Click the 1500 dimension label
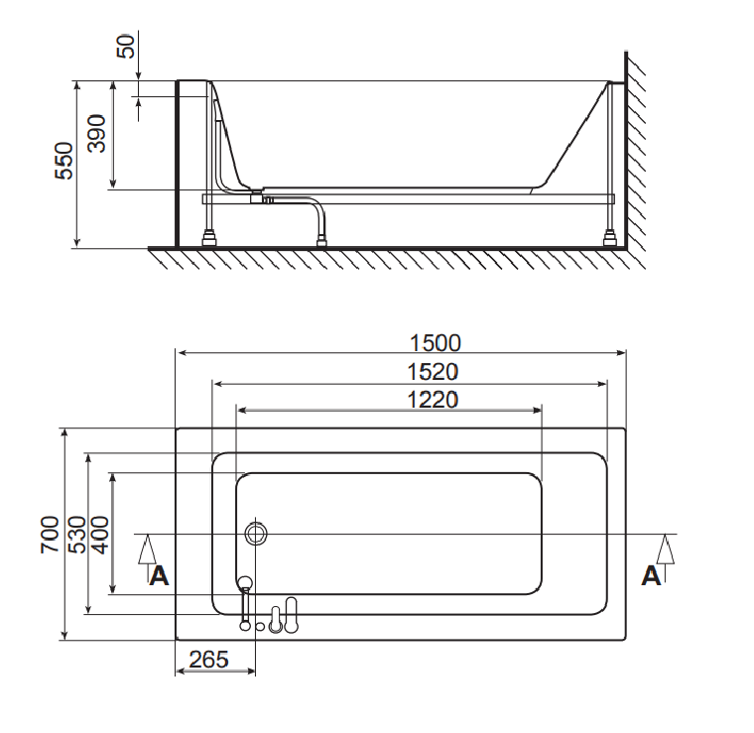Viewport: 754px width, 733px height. [x=436, y=343]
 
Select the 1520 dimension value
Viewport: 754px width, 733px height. [x=433, y=372]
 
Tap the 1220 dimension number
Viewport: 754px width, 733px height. [x=433, y=400]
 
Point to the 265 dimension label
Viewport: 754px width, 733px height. [x=208, y=660]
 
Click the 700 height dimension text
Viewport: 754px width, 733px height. [x=50, y=535]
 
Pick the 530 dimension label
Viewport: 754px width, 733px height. [x=77, y=535]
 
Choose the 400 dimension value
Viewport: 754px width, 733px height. [x=99, y=535]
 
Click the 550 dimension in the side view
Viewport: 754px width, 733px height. [x=63, y=161]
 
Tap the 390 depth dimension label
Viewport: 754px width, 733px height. [x=96, y=134]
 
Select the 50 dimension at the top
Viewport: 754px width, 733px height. [x=126, y=47]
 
